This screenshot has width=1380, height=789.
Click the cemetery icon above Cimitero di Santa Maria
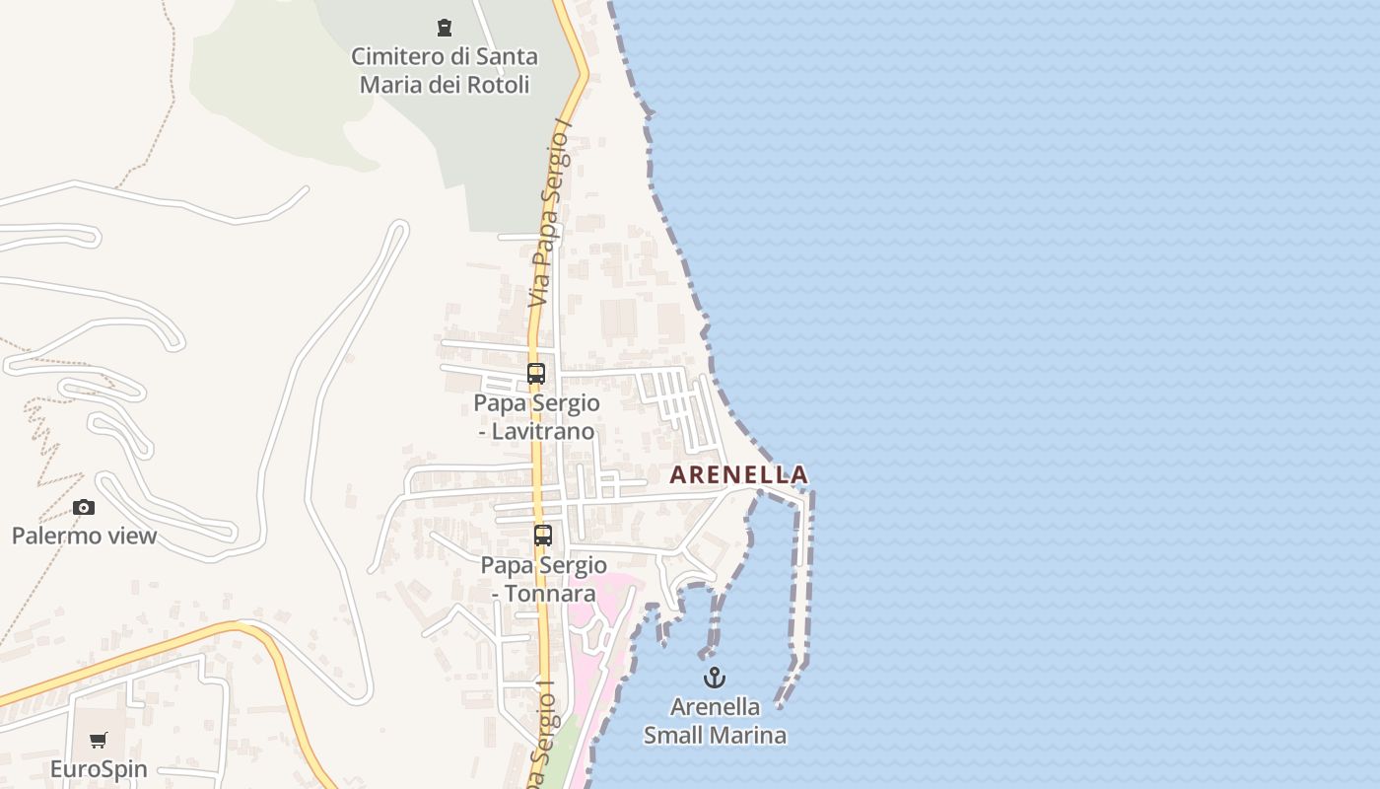click(445, 28)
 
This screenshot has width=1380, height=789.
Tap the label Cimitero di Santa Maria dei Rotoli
click(445, 70)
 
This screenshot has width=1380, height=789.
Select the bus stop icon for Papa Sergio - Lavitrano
click(536, 374)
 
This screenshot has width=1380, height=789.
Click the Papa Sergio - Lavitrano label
click(536, 417)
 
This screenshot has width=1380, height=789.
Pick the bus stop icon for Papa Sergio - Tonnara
click(543, 536)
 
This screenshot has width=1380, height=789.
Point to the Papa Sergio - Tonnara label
click(543, 579)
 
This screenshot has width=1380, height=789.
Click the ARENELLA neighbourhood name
click(738, 475)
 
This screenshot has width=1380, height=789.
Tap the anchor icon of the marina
click(715, 678)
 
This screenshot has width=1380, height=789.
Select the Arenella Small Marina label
click(715, 721)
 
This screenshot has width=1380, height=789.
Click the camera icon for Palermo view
click(84, 507)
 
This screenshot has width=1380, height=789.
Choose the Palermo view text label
click(84, 536)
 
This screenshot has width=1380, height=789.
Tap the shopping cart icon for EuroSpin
click(99, 741)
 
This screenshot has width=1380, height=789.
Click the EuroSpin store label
click(99, 769)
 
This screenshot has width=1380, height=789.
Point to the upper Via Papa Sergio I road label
click(551, 212)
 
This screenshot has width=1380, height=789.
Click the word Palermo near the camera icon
click(55, 536)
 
